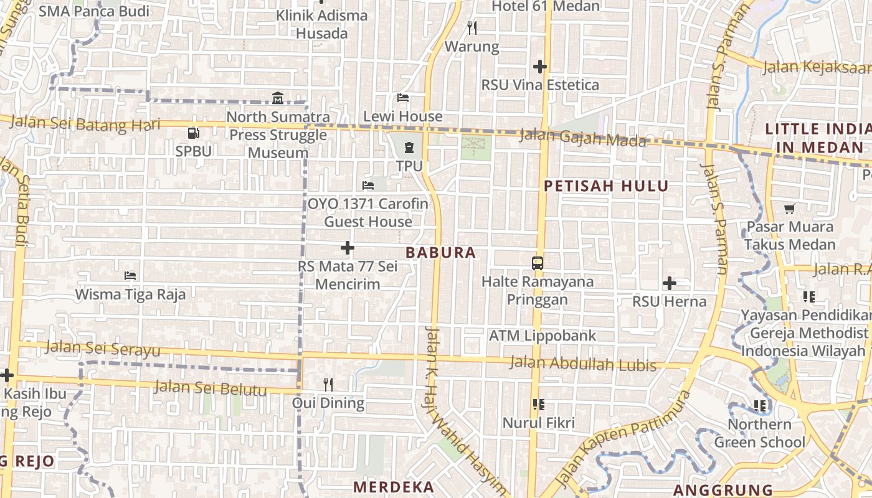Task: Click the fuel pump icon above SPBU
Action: click(193, 133)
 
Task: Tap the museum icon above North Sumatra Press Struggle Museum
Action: click(278, 98)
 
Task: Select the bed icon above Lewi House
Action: click(403, 98)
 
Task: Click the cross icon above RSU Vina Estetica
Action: click(540, 66)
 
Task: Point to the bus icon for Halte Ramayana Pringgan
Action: click(538, 263)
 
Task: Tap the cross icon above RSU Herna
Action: click(670, 283)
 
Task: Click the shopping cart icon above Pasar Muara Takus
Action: click(790, 209)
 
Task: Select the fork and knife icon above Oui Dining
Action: click(328, 384)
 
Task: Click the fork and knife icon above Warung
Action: click(472, 27)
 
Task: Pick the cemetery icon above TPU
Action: click(409, 148)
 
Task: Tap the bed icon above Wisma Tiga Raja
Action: click(130, 275)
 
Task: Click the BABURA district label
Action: click(441, 253)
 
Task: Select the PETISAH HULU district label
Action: click(606, 186)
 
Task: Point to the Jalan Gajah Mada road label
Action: click(583, 138)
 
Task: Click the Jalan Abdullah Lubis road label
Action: click(582, 363)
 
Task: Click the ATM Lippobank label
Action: click(543, 336)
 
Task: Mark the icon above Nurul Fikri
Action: click(539, 405)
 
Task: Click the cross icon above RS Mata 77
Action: click(348, 248)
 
